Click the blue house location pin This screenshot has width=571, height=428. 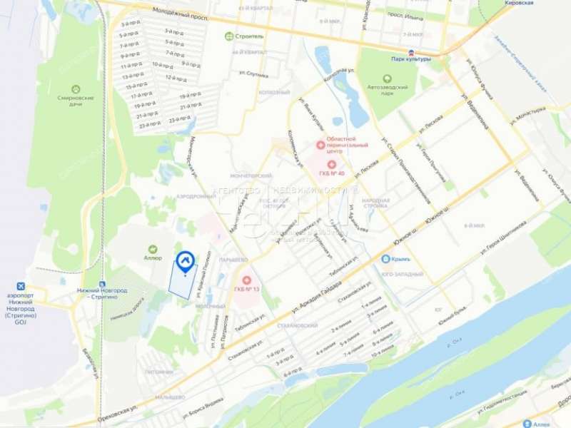coord(186,262)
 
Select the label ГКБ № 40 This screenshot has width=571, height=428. coord(332,173)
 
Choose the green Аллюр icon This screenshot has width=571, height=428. coord(152,249)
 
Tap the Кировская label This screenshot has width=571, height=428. coord(519,4)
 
